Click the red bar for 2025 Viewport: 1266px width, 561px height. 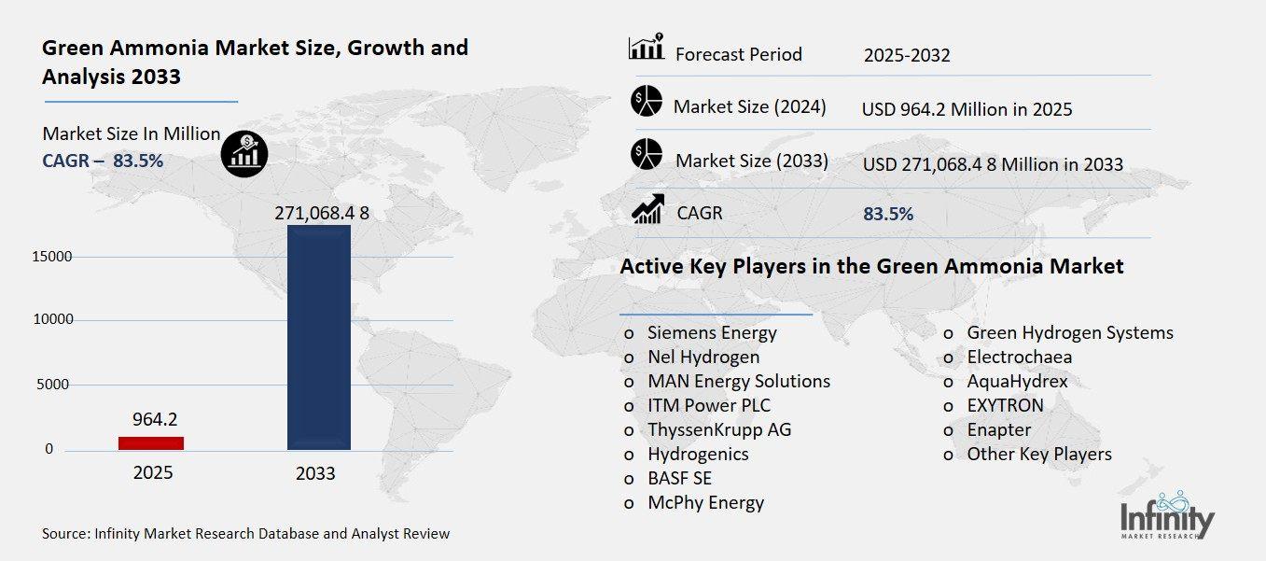tap(151, 442)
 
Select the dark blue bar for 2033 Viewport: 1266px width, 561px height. tap(319, 337)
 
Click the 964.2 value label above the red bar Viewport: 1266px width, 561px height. tap(151, 419)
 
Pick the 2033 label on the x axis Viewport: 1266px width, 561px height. tap(315, 473)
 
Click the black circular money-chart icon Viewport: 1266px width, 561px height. tap(244, 151)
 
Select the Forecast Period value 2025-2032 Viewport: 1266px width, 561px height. tap(906, 55)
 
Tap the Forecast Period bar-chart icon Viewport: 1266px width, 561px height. tap(646, 48)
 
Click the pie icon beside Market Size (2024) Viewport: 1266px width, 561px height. tap(646, 100)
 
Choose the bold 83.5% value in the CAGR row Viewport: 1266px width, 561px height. tap(888, 214)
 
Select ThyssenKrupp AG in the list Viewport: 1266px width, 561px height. tap(719, 429)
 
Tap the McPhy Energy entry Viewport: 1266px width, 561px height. tap(705, 502)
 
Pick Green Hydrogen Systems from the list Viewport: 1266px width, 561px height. tap(1069, 332)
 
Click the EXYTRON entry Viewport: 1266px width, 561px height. tap(1005, 405)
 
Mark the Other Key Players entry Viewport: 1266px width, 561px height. tap(1039, 454)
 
